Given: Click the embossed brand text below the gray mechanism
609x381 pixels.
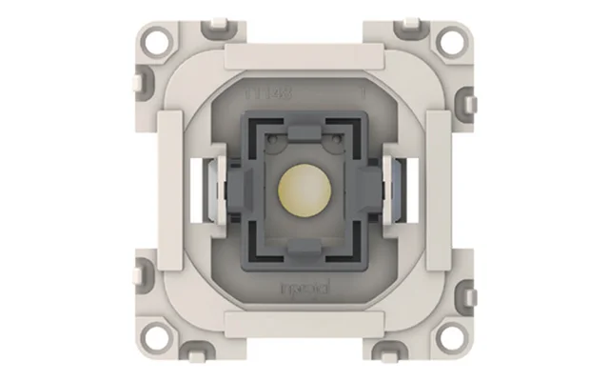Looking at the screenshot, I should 304,283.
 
